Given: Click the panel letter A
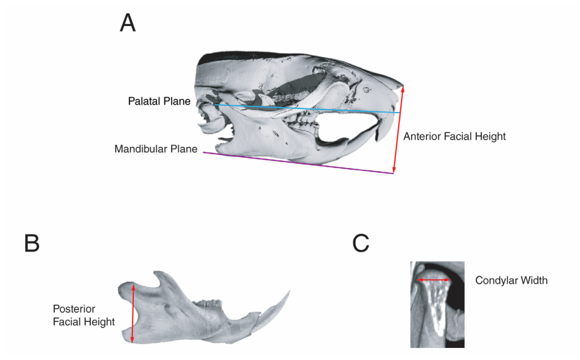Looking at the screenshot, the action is [x=128, y=23].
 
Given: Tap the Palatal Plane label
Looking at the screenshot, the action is [x=159, y=101].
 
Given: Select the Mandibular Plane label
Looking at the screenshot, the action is [x=156, y=149].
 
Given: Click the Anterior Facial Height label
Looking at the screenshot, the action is [x=454, y=137].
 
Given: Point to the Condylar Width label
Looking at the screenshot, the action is [x=511, y=281].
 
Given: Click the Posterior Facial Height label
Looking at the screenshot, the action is [x=84, y=315].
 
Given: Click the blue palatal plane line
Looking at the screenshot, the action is [x=307, y=109].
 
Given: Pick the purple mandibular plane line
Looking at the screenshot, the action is [x=298, y=163].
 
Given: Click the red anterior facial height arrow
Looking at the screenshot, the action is [x=398, y=129].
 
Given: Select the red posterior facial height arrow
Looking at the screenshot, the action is [x=133, y=312].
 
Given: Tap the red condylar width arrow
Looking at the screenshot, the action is [x=434, y=280].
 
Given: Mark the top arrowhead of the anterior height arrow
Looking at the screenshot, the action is [x=403, y=89].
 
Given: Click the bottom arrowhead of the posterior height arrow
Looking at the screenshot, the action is [x=133, y=340].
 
